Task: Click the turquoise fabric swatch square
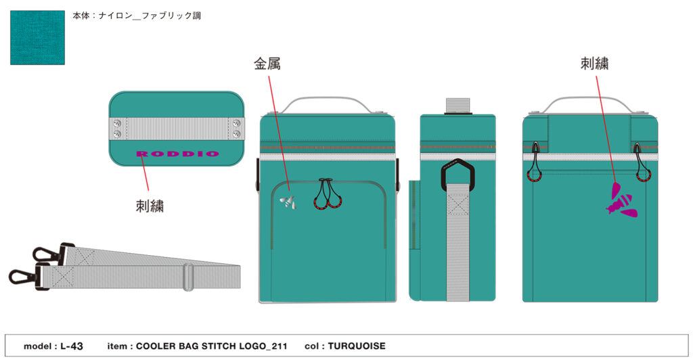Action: (38, 37)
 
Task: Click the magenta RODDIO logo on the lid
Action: (178, 154)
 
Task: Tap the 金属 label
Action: (267, 64)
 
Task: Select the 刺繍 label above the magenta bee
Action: (594, 64)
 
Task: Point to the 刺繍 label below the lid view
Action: (150, 206)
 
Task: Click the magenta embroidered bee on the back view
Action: (623, 200)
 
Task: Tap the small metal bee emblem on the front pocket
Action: (288, 202)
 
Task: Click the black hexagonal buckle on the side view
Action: (457, 175)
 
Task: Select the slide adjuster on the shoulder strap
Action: (188, 277)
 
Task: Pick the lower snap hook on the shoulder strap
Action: (29, 276)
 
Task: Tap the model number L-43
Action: (72, 346)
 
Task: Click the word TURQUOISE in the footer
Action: (357, 346)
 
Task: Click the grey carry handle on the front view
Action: (327, 105)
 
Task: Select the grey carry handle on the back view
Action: (589, 105)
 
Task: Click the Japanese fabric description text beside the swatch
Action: (137, 16)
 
